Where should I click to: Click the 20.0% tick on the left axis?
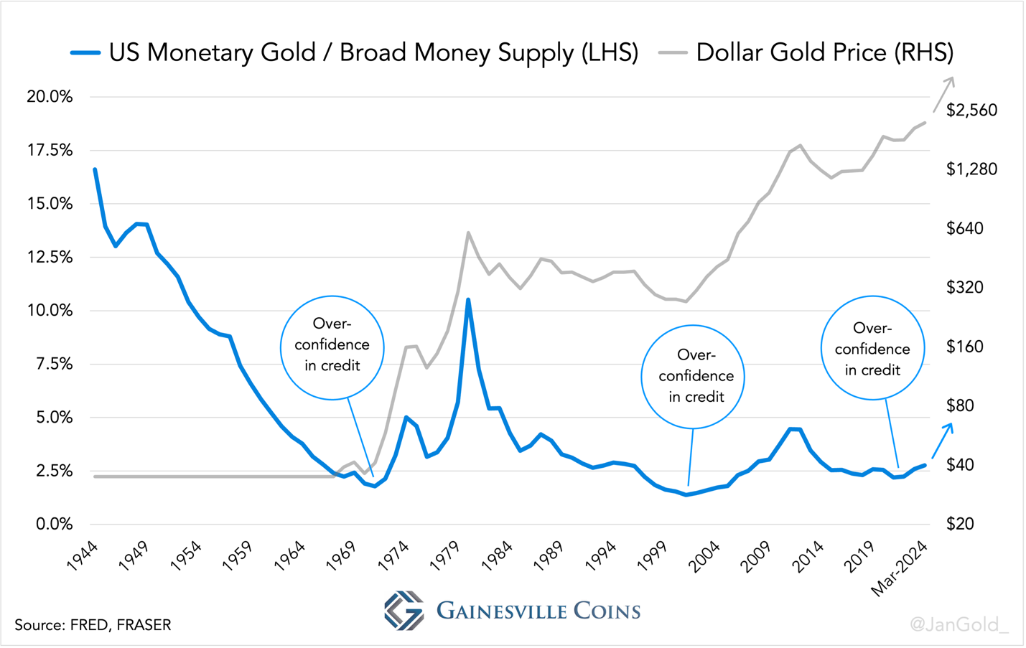tap(50, 97)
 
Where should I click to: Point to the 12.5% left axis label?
tap(50, 257)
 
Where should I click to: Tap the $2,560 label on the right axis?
tap(971, 110)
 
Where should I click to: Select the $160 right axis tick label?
tap(964, 347)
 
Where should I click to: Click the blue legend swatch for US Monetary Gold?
tap(85, 52)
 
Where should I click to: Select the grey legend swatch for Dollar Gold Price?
tap(673, 52)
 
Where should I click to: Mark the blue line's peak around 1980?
tap(468, 300)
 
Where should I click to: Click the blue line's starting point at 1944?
tap(95, 169)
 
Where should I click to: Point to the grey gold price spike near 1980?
tap(468, 233)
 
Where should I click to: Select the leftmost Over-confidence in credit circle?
tap(332, 347)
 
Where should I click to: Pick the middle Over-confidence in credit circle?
tap(692, 377)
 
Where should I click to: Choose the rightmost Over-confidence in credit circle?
tap(872, 348)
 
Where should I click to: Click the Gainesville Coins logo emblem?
tap(404, 611)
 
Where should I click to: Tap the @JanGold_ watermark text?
tap(959, 624)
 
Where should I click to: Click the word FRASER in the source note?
tap(144, 625)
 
